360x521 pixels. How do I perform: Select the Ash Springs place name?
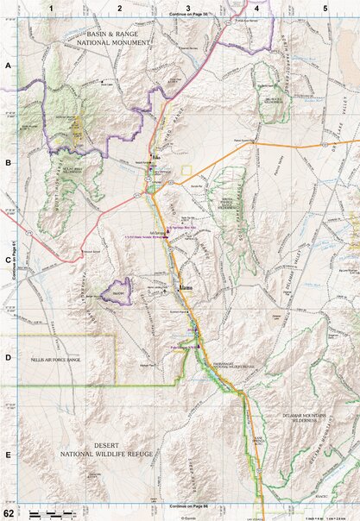pyautogui.click(x=158, y=233)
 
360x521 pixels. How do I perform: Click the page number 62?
pyautogui.click(x=9, y=514)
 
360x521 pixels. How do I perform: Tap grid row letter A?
pyautogui.click(x=8, y=66)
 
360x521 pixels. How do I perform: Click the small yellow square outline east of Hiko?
pyautogui.click(x=186, y=169)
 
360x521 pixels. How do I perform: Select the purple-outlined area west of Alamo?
pyautogui.click(x=115, y=292)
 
